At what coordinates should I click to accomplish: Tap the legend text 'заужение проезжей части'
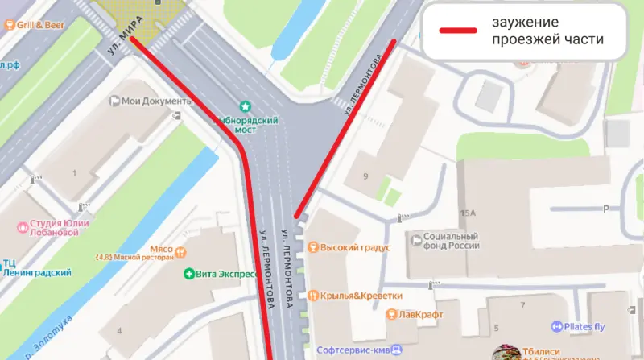tap(547, 31)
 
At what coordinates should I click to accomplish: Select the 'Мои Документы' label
tap(157, 101)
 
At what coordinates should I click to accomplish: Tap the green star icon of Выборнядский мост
tap(246, 106)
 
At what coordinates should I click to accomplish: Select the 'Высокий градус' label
tap(355, 247)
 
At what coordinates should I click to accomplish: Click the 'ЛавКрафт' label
tap(418, 314)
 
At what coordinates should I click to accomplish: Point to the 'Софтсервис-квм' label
tap(355, 350)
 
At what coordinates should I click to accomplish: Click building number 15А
tap(469, 212)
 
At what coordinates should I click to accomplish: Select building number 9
tap(365, 176)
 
